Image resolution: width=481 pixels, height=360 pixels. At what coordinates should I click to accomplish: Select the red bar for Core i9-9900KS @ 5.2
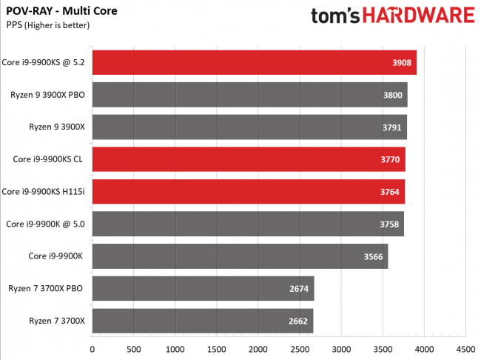tap(254, 63)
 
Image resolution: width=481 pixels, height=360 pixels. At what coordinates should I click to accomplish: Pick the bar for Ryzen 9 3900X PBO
tap(249, 95)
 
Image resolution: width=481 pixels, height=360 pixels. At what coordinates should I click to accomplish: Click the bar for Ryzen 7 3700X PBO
tap(203, 288)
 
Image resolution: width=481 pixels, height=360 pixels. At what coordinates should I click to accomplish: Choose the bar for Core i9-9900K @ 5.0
tap(248, 224)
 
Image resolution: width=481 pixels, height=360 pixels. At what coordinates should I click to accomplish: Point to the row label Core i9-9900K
tap(57, 256)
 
